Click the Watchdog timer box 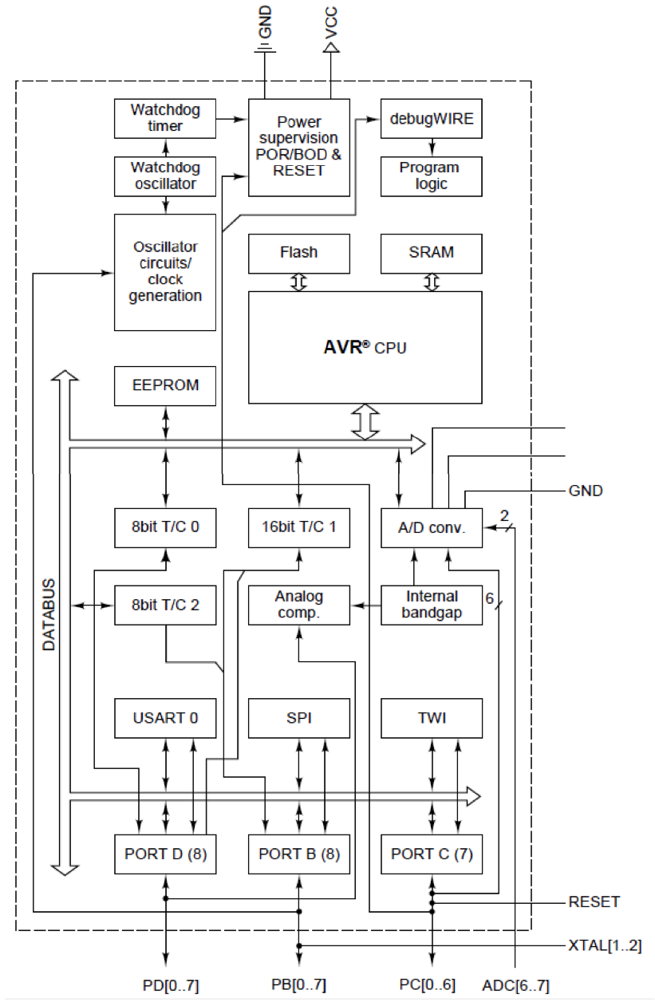click(x=165, y=118)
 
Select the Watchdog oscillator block click(x=165, y=176)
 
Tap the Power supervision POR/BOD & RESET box click(x=299, y=147)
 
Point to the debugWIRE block click(x=432, y=119)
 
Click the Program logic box click(x=432, y=176)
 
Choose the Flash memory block click(x=299, y=253)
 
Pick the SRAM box click(x=432, y=253)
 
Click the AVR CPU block click(x=365, y=347)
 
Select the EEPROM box click(x=165, y=386)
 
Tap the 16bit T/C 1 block click(x=299, y=527)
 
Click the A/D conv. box click(x=432, y=527)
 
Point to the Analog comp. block click(x=299, y=605)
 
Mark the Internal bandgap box click(x=432, y=605)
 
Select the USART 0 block click(x=165, y=718)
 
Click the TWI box click(x=432, y=718)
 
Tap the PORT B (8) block click(x=299, y=854)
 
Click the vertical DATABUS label click(x=49, y=614)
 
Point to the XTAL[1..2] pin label click(x=605, y=946)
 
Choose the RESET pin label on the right click(x=594, y=902)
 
